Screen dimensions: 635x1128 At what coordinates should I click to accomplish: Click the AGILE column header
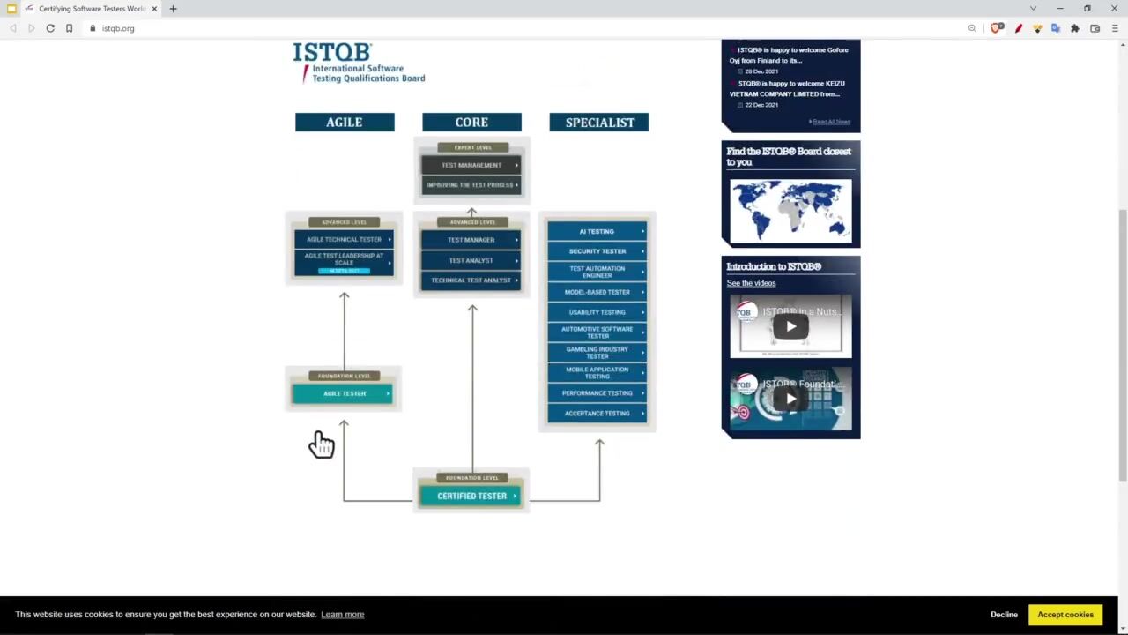tap(345, 123)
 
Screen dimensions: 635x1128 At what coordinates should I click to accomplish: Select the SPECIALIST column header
tap(599, 123)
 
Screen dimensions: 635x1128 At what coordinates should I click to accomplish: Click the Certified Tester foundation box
tap(471, 496)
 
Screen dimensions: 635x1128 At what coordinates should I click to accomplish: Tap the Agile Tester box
tap(344, 393)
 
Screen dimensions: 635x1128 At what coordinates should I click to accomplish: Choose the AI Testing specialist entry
tap(597, 231)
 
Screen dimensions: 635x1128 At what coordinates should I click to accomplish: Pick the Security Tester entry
tap(597, 251)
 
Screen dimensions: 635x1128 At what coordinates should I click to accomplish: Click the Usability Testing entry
tap(597, 312)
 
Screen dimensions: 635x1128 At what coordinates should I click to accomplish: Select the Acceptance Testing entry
tap(597, 413)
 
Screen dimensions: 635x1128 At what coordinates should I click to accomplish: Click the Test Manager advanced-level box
tap(471, 240)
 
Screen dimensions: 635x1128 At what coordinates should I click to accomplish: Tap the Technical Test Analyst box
tap(471, 280)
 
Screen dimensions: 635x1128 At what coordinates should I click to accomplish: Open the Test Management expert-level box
tap(471, 165)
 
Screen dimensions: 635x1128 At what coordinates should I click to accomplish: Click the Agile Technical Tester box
tap(344, 240)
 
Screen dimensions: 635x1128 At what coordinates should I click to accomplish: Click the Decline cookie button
tap(1004, 615)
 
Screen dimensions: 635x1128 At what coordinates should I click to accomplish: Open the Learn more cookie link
tap(342, 615)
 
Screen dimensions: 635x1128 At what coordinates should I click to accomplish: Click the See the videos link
tap(751, 283)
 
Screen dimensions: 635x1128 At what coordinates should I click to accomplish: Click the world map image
tap(790, 210)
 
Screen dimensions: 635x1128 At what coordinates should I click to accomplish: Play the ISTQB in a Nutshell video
tap(790, 326)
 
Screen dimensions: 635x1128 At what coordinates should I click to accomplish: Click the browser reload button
tap(50, 28)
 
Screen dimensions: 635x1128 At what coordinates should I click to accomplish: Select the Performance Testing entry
tap(597, 393)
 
